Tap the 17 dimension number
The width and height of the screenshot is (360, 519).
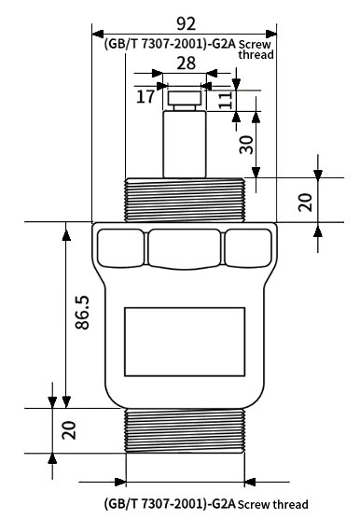coord(145,96)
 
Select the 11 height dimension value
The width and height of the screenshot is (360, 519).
coord(225,100)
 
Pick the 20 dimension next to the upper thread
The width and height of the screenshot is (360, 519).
coord(306,201)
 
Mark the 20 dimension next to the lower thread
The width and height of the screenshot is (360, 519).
coord(68,430)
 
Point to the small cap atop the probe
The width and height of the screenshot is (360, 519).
coord(185,97)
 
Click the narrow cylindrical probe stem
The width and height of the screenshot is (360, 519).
coord(185,145)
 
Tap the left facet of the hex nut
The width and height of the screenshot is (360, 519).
coord(119,247)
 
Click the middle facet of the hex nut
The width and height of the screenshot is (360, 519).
coord(185,247)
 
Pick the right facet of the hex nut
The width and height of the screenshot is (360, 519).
coord(249,247)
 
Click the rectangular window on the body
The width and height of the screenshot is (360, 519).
coord(185,333)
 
